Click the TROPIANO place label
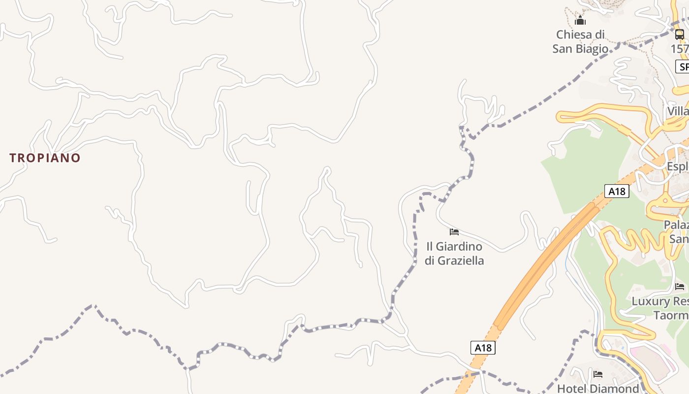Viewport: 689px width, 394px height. [45, 158]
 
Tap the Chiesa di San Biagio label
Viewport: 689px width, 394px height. [580, 42]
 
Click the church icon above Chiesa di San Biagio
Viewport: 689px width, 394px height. [580, 21]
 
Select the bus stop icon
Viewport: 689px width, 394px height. [679, 34]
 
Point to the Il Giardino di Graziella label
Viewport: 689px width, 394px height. [454, 253]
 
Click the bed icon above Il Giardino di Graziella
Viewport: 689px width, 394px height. [454, 231]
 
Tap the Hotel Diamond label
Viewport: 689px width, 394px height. [597, 389]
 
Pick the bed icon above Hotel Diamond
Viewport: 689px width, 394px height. [598, 374]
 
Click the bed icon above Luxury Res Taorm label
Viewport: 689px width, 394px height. [680, 286]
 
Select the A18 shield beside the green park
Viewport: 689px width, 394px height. [617, 191]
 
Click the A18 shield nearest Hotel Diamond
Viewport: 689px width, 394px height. [483, 348]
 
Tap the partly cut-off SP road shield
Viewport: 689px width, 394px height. [683, 66]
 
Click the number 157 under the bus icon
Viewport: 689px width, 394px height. [680, 49]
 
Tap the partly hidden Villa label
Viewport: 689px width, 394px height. [678, 111]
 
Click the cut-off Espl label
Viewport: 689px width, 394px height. [678, 166]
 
